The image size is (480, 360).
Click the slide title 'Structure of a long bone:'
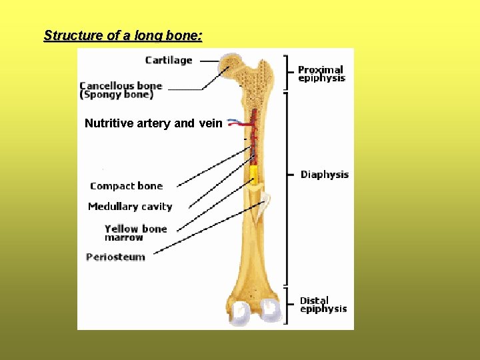123,35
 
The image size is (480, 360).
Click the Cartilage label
169,60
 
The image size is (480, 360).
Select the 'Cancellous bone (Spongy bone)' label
121,90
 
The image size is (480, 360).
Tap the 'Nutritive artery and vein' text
153,123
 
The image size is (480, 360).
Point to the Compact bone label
126,186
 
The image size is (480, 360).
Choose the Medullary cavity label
130,207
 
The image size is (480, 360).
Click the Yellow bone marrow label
135,233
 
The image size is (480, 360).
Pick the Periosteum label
115,257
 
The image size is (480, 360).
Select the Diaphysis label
325,175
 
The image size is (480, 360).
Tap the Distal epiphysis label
323,305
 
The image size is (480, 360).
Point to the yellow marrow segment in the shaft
254,175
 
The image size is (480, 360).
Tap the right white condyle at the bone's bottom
271,310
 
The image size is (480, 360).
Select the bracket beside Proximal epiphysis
287,71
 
